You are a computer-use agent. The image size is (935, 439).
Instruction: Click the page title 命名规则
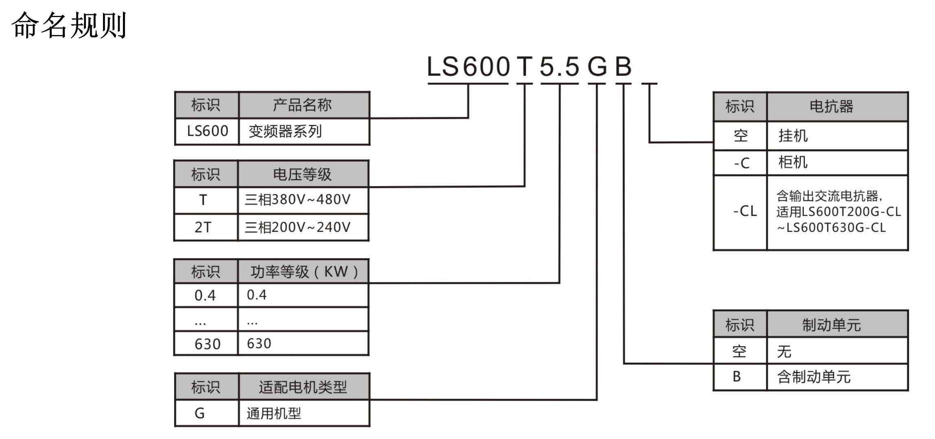tap(69, 26)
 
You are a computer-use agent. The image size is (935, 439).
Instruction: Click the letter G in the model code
tap(597, 67)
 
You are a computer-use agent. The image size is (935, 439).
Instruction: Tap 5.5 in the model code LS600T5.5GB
tap(559, 67)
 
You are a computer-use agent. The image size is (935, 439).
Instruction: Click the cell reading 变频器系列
tap(285, 131)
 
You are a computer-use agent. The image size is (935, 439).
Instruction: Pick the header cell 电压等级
tap(302, 174)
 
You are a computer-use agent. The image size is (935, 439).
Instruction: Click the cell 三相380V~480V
tap(298, 200)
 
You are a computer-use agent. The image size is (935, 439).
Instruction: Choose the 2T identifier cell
tap(203, 227)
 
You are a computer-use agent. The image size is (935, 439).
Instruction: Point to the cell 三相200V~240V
tap(298, 227)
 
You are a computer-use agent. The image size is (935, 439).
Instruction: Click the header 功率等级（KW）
tap(304, 272)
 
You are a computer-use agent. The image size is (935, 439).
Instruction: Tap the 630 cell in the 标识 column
tap(207, 344)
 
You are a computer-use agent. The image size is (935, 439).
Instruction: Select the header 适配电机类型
tap(303, 387)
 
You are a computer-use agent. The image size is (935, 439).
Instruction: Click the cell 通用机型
tap(274, 413)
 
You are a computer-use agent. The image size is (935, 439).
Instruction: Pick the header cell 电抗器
tap(831, 107)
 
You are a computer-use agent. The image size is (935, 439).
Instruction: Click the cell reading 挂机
tap(793, 136)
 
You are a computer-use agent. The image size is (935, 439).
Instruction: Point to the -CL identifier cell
tap(744, 211)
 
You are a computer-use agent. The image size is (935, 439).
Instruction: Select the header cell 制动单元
tap(831, 325)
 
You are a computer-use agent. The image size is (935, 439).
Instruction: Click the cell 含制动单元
tap(814, 377)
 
